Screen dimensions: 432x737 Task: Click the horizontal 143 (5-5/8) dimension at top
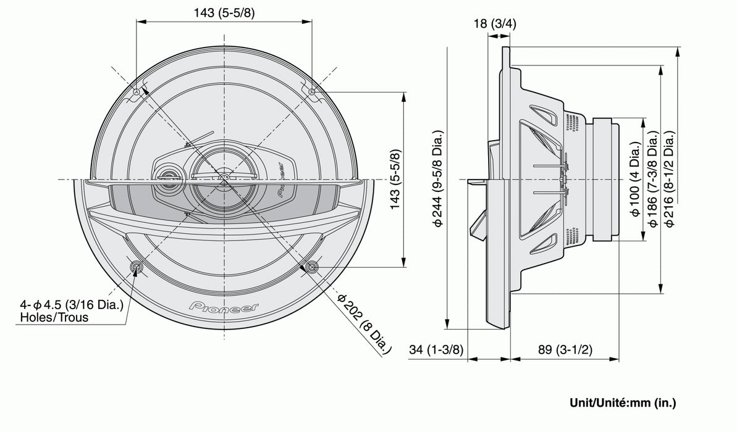click(x=223, y=12)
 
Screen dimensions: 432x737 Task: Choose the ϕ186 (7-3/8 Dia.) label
click(x=651, y=180)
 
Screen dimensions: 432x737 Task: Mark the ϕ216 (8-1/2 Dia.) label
click(x=668, y=180)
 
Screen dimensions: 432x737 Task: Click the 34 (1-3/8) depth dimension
click(x=436, y=350)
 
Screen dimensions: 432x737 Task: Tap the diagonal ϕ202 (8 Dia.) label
click(x=364, y=323)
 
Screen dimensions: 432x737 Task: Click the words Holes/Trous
click(x=54, y=318)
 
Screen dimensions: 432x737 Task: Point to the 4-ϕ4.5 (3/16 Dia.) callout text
click(x=72, y=305)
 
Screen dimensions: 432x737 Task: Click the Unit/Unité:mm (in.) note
click(x=622, y=403)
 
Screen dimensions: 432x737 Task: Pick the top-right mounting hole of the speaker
click(x=311, y=92)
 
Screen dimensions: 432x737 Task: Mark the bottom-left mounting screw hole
click(x=136, y=267)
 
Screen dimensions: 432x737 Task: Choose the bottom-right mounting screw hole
click(x=311, y=267)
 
